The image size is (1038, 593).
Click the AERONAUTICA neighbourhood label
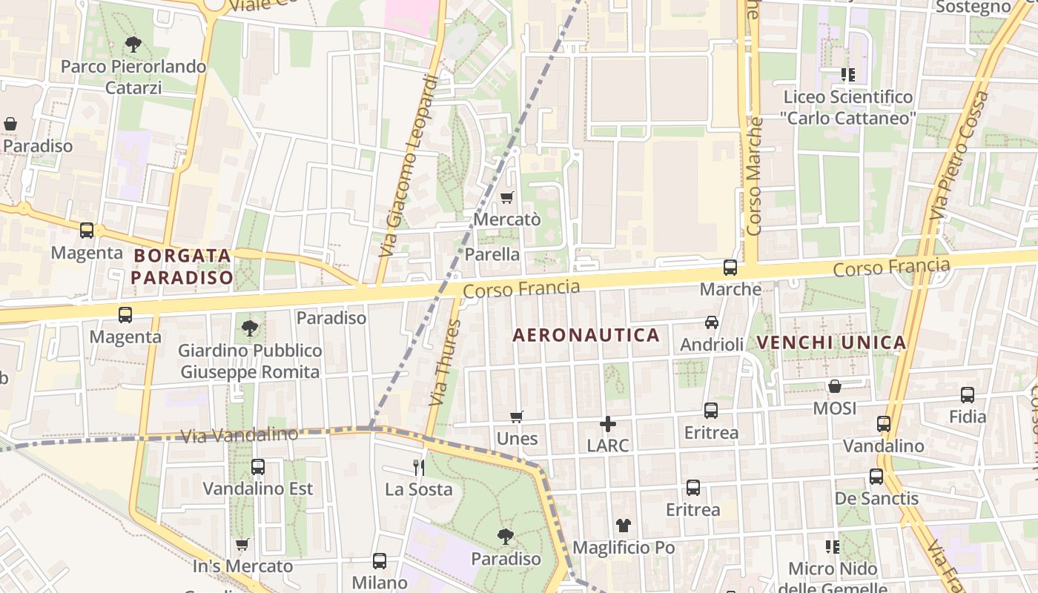pos(586,335)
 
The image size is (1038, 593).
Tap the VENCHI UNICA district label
pos(831,342)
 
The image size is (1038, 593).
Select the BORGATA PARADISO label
pos(183,267)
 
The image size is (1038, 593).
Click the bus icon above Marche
pos(730,268)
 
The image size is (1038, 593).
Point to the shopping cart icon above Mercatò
pos(507,197)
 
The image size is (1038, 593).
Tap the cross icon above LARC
pos(608,424)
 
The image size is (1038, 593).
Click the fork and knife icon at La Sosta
pos(419,467)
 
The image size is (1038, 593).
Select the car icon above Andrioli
pos(712,322)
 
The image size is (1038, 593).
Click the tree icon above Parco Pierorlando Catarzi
pos(133,44)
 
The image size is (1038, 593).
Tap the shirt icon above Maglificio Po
pos(624,526)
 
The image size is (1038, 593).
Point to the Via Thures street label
pos(445,363)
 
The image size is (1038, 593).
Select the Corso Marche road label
pos(755,176)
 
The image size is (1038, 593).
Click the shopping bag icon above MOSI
pos(835,386)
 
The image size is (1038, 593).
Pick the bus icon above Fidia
pos(968,395)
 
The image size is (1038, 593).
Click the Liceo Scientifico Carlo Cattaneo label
pos(848,107)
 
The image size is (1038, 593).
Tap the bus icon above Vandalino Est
pos(258,467)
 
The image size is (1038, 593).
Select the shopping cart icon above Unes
pos(517,417)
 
